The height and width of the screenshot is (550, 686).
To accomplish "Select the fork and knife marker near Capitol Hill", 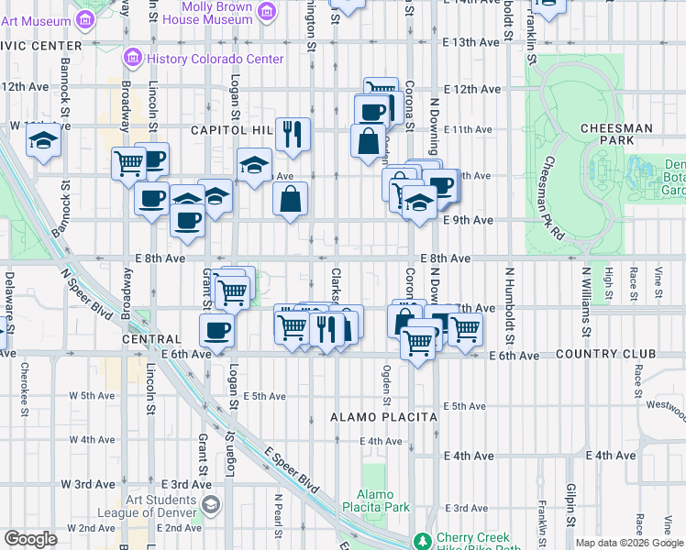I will (293, 134).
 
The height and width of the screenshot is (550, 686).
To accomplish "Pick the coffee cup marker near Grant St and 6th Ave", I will (217, 330).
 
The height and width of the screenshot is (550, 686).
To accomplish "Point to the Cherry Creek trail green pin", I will (423, 541).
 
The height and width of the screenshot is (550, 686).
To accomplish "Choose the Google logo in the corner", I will (30, 540).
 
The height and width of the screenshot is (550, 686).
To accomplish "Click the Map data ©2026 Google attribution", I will (628, 543).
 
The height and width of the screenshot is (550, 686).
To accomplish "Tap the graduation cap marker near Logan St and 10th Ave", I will (254, 165).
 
